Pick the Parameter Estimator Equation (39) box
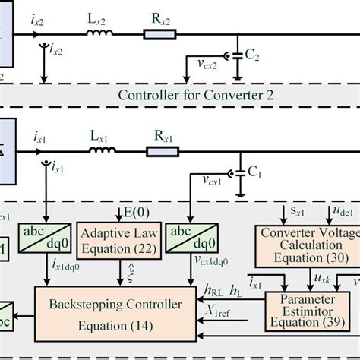[310, 311]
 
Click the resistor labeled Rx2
[160, 34]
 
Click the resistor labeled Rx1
[162, 152]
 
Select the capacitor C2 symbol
[238, 57]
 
